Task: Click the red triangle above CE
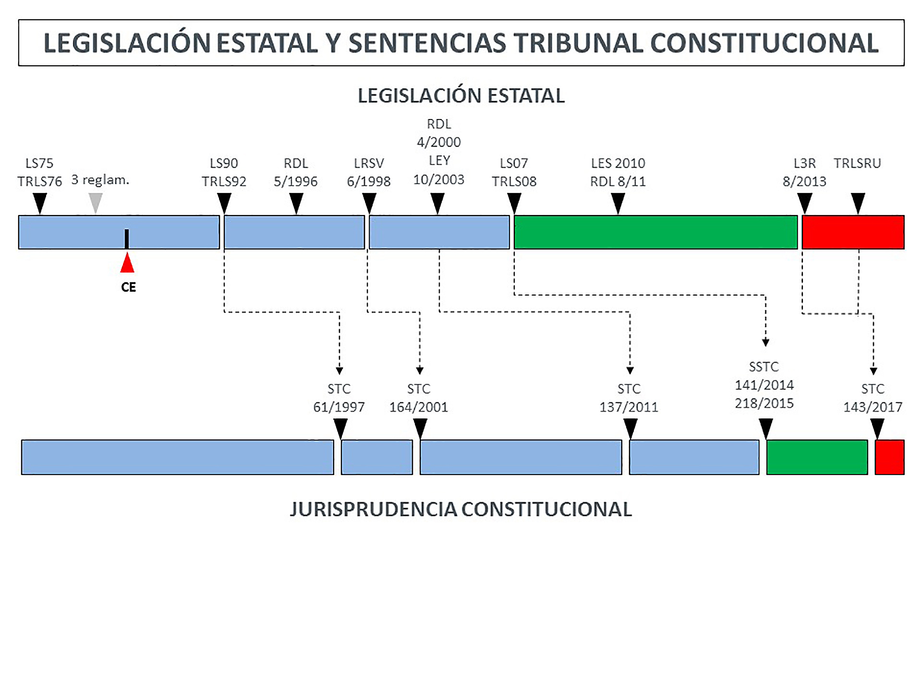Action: (127, 264)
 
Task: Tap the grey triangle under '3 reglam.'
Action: (96, 202)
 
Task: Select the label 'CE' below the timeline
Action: (128, 287)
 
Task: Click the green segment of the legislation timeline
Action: (655, 232)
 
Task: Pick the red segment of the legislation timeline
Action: (853, 232)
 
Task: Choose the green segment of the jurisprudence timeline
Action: (817, 457)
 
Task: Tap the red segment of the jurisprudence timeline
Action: (889, 457)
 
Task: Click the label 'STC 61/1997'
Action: (339, 398)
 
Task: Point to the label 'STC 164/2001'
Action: (418, 398)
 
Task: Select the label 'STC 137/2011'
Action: (629, 398)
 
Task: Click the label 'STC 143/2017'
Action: (873, 398)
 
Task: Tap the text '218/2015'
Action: (764, 403)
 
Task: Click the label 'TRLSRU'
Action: (857, 164)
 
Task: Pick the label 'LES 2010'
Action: (618, 164)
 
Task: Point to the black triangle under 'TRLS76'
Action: (40, 202)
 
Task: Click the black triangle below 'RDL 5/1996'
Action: (296, 202)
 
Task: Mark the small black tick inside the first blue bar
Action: (127, 238)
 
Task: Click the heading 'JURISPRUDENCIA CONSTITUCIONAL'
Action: (461, 509)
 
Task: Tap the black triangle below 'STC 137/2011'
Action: (630, 428)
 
